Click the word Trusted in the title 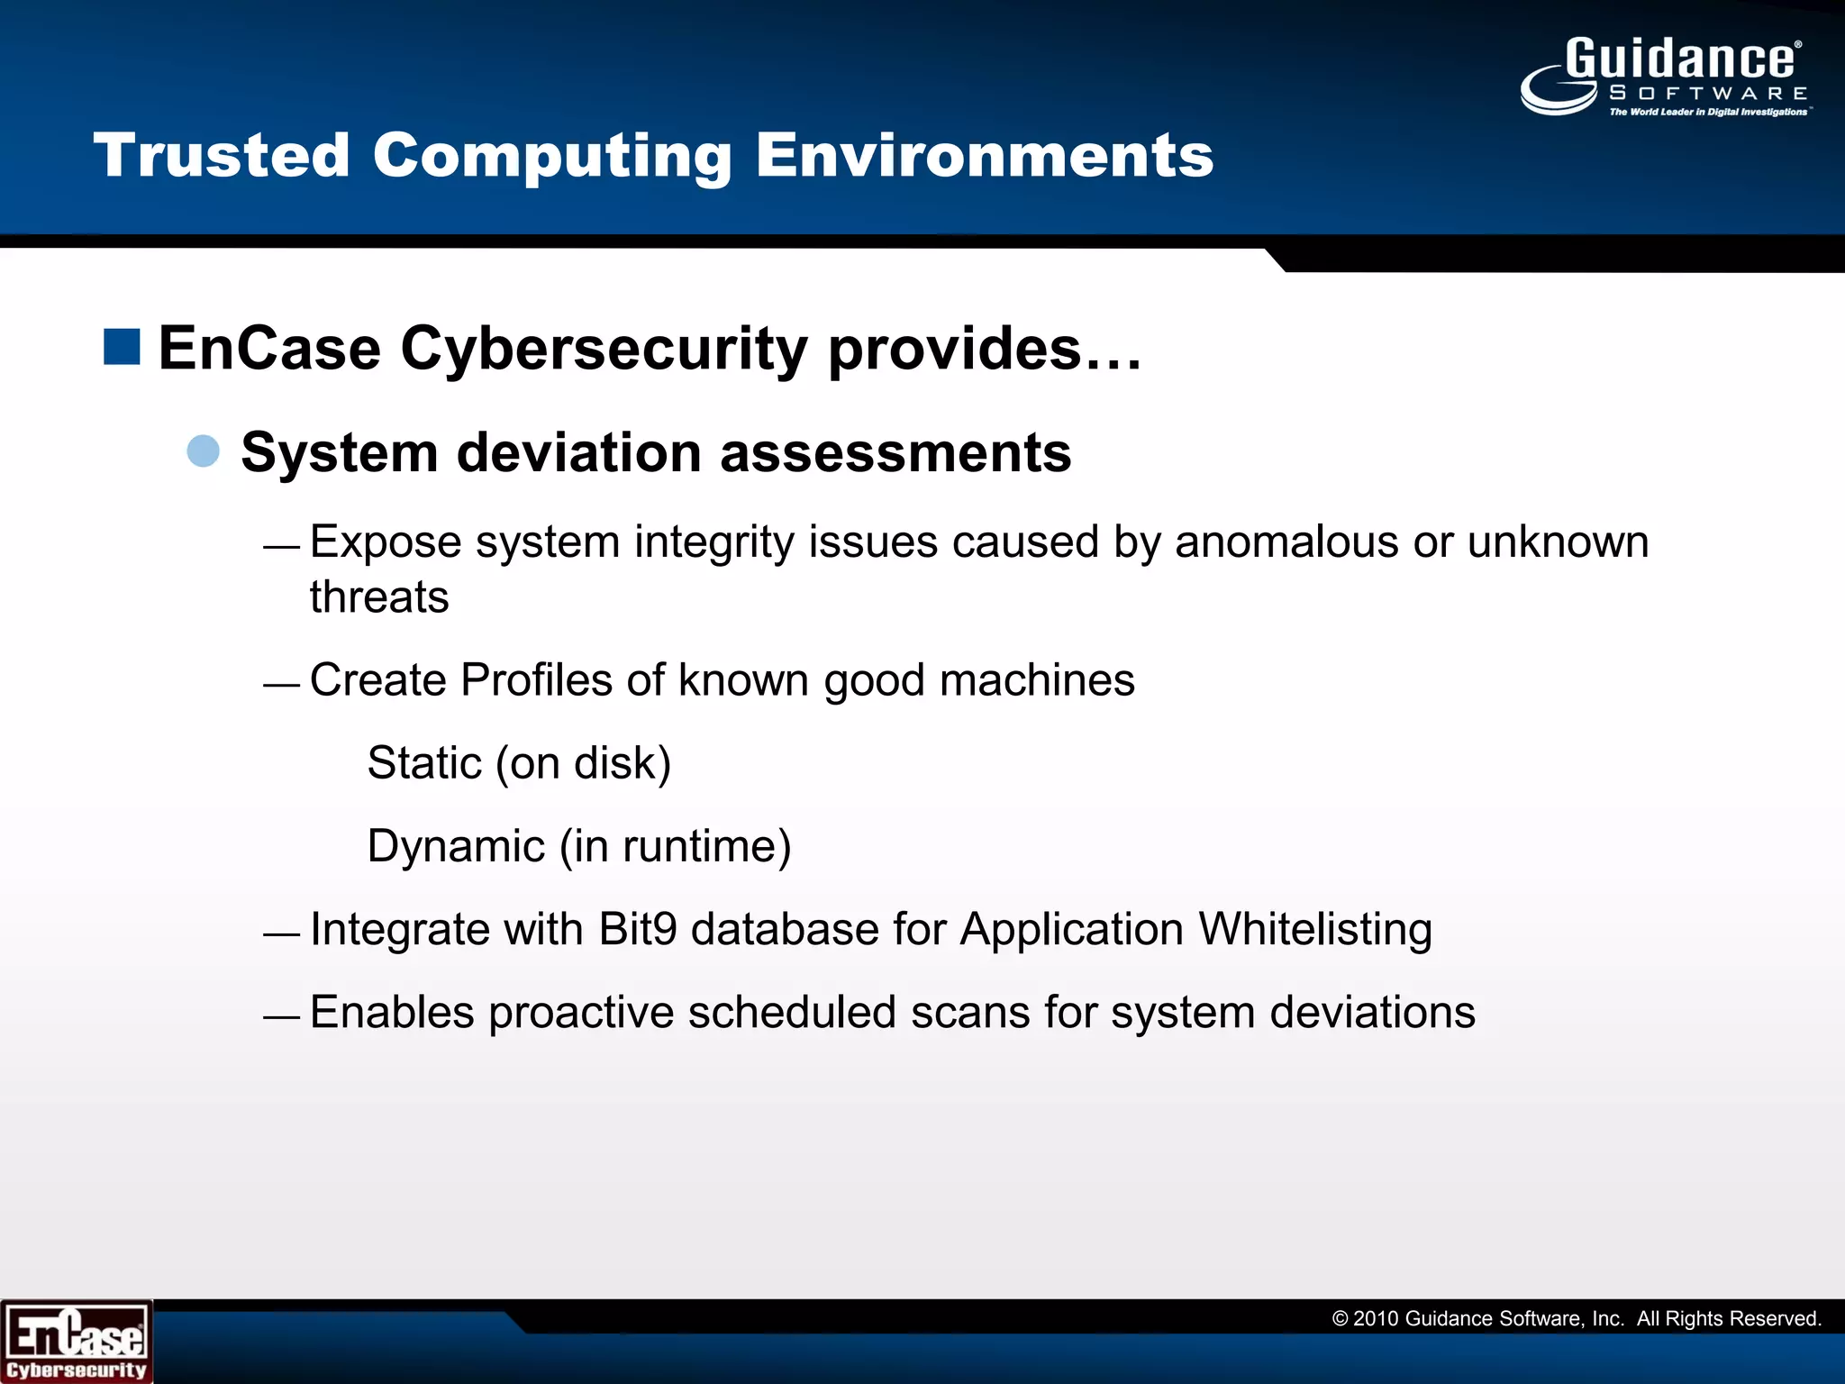[x=222, y=155]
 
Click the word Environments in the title [x=984, y=155]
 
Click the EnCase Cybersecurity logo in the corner [x=76, y=1342]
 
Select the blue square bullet [x=122, y=347]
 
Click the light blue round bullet [x=204, y=451]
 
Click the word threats [x=379, y=597]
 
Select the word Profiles [x=537, y=680]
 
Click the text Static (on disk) [x=519, y=763]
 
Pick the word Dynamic [x=456, y=846]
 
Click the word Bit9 [x=637, y=929]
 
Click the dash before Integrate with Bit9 [x=281, y=934]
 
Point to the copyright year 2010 [x=1375, y=1319]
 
